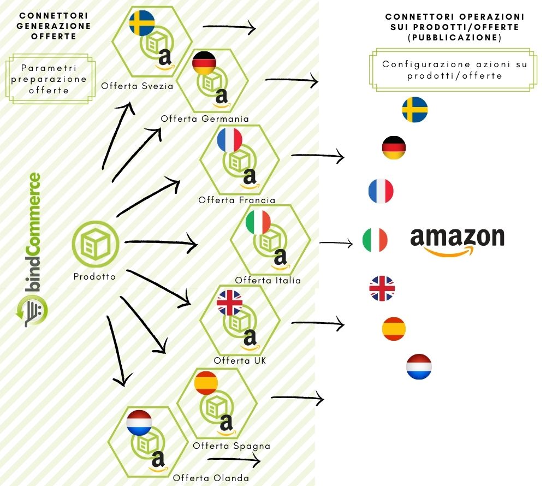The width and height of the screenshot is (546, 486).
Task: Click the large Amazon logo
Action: tap(457, 240)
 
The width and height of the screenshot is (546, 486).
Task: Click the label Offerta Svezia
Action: tap(129, 86)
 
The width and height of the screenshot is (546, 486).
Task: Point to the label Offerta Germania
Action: tap(205, 118)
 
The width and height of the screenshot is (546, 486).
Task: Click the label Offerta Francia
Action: tap(237, 200)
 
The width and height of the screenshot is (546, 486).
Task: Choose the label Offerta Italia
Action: tap(268, 281)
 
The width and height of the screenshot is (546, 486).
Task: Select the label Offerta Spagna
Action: tap(232, 446)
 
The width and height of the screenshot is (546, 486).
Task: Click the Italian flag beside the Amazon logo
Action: tap(375, 240)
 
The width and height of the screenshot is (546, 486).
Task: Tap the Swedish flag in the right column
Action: tap(414, 110)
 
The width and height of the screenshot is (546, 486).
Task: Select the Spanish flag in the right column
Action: tap(394, 329)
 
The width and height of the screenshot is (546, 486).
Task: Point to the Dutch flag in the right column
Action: tap(419, 366)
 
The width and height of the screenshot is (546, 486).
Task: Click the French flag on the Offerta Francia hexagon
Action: tap(229, 139)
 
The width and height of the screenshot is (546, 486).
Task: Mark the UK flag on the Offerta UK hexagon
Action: tap(229, 303)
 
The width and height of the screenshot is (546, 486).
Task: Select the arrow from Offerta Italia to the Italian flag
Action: tap(336, 242)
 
